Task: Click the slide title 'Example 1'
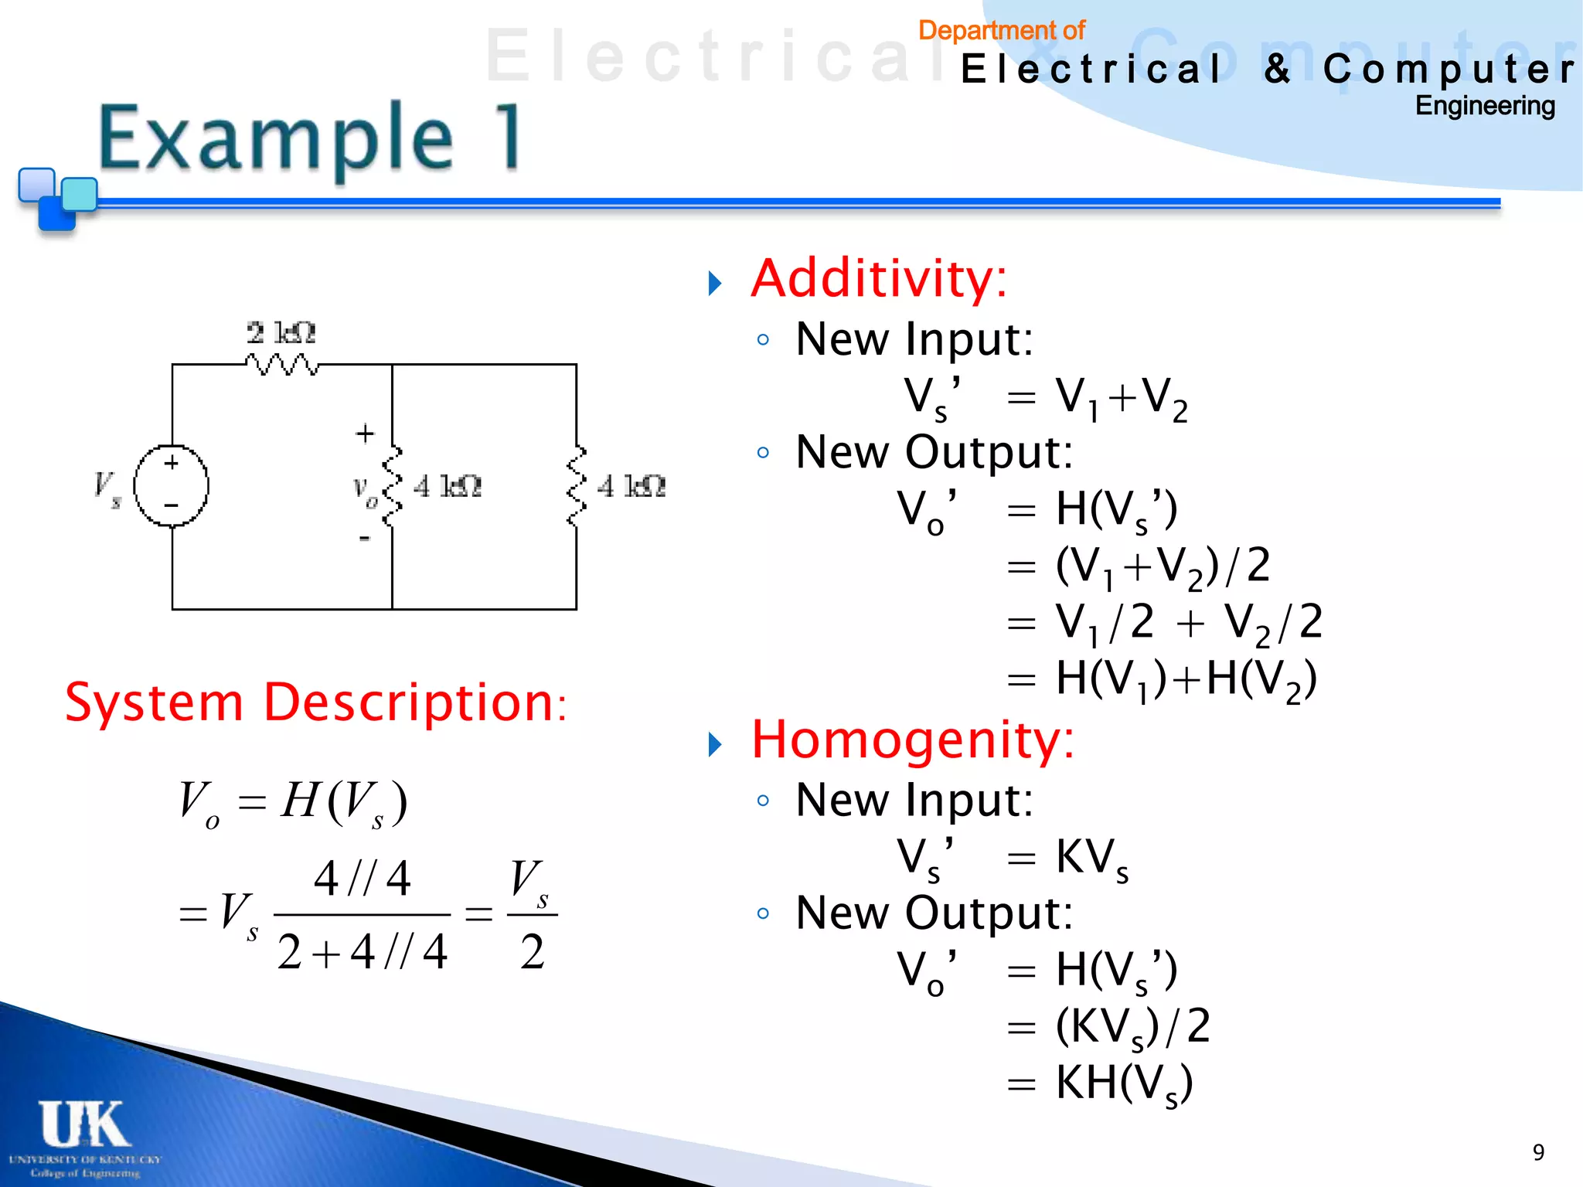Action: [309, 139]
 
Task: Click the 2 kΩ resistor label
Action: [281, 333]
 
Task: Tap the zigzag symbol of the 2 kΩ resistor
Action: [281, 364]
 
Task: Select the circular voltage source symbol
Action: [171, 486]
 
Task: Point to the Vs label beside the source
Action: [107, 488]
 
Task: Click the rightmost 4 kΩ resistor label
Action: [631, 487]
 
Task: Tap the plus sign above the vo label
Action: [365, 433]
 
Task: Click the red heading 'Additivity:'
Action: [879, 279]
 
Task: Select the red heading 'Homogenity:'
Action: [912, 740]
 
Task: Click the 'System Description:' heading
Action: [315, 702]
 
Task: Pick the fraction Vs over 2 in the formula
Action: [532, 915]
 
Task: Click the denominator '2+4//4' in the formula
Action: [362, 952]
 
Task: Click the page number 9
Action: [1538, 1152]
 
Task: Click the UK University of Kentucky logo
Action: [84, 1137]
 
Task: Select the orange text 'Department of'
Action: [1001, 31]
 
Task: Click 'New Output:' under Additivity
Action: [934, 452]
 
